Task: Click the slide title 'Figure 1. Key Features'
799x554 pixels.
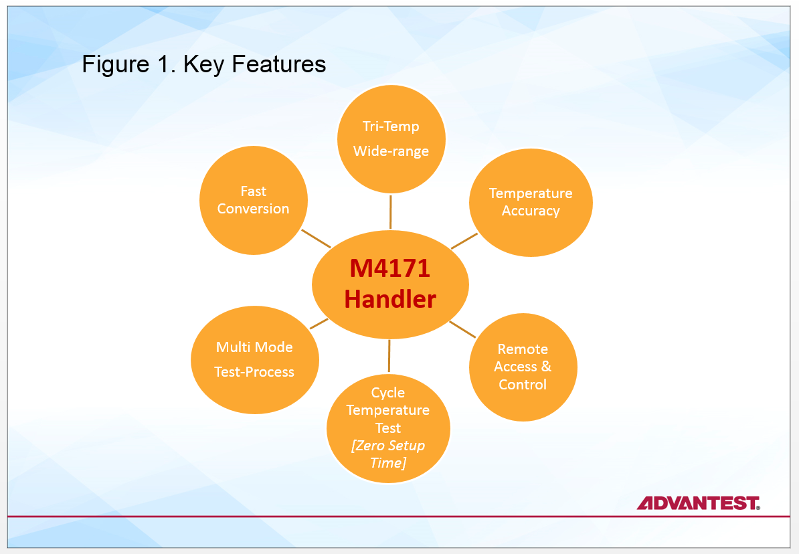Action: coord(203,64)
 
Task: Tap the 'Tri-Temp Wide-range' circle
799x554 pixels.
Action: coord(391,139)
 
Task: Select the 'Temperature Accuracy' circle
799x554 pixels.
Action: coord(531,202)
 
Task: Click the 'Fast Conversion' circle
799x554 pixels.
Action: coord(254,200)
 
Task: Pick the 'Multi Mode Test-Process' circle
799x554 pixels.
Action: coord(254,359)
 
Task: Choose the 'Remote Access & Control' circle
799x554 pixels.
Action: coord(523,367)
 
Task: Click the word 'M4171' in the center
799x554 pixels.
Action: coord(390,269)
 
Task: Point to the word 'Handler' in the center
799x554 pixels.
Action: coord(390,299)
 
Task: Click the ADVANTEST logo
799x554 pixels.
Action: coord(698,503)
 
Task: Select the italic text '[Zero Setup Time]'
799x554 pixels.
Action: coord(388,454)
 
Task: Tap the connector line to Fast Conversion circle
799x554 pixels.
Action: coord(316,239)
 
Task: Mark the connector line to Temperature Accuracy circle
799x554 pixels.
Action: coord(464,241)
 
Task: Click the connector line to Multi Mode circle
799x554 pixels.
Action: coord(319,324)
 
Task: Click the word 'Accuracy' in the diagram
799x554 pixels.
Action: coord(531,211)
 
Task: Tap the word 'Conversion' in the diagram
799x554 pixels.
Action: coord(254,209)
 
